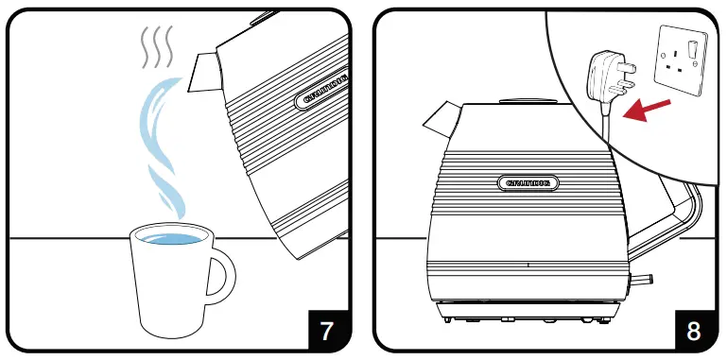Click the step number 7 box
click(326, 331)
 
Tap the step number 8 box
click(693, 331)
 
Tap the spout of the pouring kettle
click(204, 72)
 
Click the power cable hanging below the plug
click(604, 132)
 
